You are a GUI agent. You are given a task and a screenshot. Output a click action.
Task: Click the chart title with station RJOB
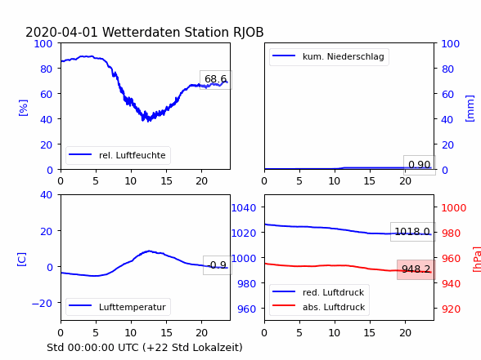pyautogui.click(x=145, y=32)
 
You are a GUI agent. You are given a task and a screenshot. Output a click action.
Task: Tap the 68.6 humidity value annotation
pyautogui.click(x=216, y=79)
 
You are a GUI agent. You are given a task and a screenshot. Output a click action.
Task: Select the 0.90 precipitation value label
pyautogui.click(x=420, y=165)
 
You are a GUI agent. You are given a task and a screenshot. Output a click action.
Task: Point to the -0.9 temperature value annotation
pyautogui.click(x=218, y=265)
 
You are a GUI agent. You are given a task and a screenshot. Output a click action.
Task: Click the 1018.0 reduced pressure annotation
pyautogui.click(x=412, y=232)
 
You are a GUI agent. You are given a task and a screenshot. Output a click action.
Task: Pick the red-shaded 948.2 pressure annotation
pyautogui.click(x=416, y=269)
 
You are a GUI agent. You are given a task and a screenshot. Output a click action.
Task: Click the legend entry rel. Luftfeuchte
pyautogui.click(x=118, y=155)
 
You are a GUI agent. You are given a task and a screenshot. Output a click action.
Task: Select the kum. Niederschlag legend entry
pyautogui.click(x=329, y=56)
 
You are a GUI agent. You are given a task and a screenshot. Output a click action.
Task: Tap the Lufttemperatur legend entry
pyautogui.click(x=118, y=307)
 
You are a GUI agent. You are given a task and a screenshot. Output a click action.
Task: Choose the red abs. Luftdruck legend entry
pyautogui.click(x=319, y=307)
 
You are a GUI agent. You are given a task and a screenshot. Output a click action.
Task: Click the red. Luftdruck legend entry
pyautogui.click(x=318, y=292)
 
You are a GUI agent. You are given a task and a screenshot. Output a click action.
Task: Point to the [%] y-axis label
pyautogui.click(x=23, y=108)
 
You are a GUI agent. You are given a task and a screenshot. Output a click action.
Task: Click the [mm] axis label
pyautogui.click(x=470, y=109)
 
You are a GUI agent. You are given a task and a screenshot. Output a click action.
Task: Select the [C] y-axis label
pyautogui.click(x=22, y=259)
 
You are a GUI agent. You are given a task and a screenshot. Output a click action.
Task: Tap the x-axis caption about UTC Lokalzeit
pyautogui.click(x=145, y=348)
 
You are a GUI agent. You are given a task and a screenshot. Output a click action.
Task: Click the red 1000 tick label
pyautogui.click(x=454, y=208)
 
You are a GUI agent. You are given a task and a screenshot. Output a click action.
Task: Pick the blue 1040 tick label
pyautogui.click(x=244, y=208)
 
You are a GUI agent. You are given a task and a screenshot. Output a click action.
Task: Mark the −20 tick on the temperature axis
pyautogui.click(x=42, y=303)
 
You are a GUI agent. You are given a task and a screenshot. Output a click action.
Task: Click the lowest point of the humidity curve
pyautogui.click(x=149, y=121)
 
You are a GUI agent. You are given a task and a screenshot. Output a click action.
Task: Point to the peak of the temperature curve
pyautogui.click(x=149, y=251)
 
